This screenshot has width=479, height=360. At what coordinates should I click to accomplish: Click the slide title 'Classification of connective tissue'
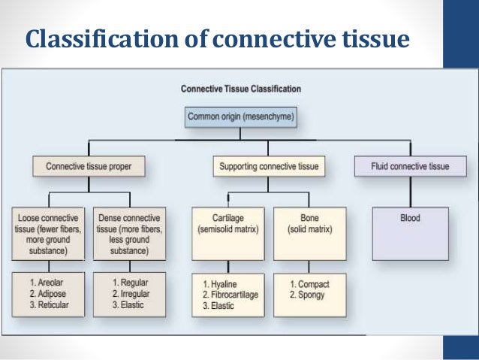coord(218,38)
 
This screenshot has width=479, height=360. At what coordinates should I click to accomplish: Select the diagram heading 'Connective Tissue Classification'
coord(240,89)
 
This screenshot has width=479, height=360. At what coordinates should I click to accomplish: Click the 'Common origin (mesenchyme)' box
coord(240,116)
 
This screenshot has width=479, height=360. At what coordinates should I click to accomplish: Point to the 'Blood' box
coord(410,219)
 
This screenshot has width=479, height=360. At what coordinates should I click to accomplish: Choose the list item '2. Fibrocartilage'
coord(231,295)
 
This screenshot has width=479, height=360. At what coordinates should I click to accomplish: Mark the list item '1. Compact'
coord(309,284)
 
